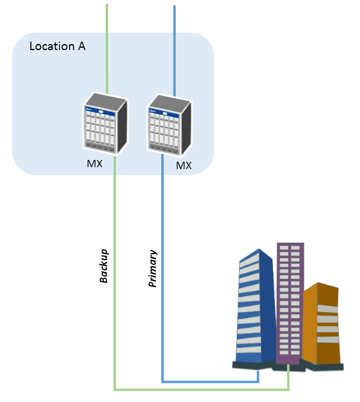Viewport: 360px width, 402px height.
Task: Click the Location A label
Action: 57,46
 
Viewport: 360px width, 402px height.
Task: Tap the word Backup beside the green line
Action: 104,266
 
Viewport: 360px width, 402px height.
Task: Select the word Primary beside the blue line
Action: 153,268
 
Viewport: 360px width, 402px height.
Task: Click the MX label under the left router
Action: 95,164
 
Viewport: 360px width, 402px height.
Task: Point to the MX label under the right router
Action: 184,165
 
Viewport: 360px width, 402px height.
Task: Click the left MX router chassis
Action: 105,123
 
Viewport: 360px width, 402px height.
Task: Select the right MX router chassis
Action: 169,125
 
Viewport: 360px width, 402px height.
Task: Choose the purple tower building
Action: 290,303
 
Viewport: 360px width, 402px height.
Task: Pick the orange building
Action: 321,323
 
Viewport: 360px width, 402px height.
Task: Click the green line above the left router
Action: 107,49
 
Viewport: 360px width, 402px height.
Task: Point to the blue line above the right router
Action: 175,51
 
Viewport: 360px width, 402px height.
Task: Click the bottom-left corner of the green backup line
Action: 115,390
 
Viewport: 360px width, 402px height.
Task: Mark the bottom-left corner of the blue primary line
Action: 162,381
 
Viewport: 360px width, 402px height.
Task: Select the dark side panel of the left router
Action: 122,126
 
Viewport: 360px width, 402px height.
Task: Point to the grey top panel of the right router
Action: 169,101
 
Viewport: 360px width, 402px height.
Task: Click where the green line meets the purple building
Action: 288,365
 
